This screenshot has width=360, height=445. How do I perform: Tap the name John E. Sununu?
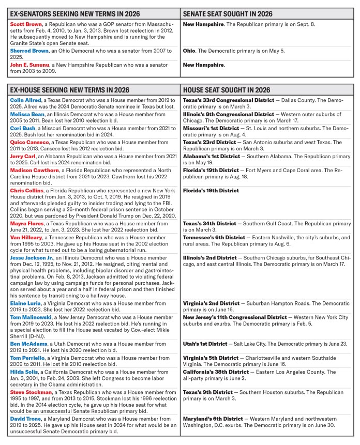[29, 65]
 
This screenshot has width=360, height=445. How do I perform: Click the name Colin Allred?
[25, 100]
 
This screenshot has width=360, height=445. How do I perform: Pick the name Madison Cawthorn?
[33, 170]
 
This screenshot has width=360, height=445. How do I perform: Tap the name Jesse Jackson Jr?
[32, 257]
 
